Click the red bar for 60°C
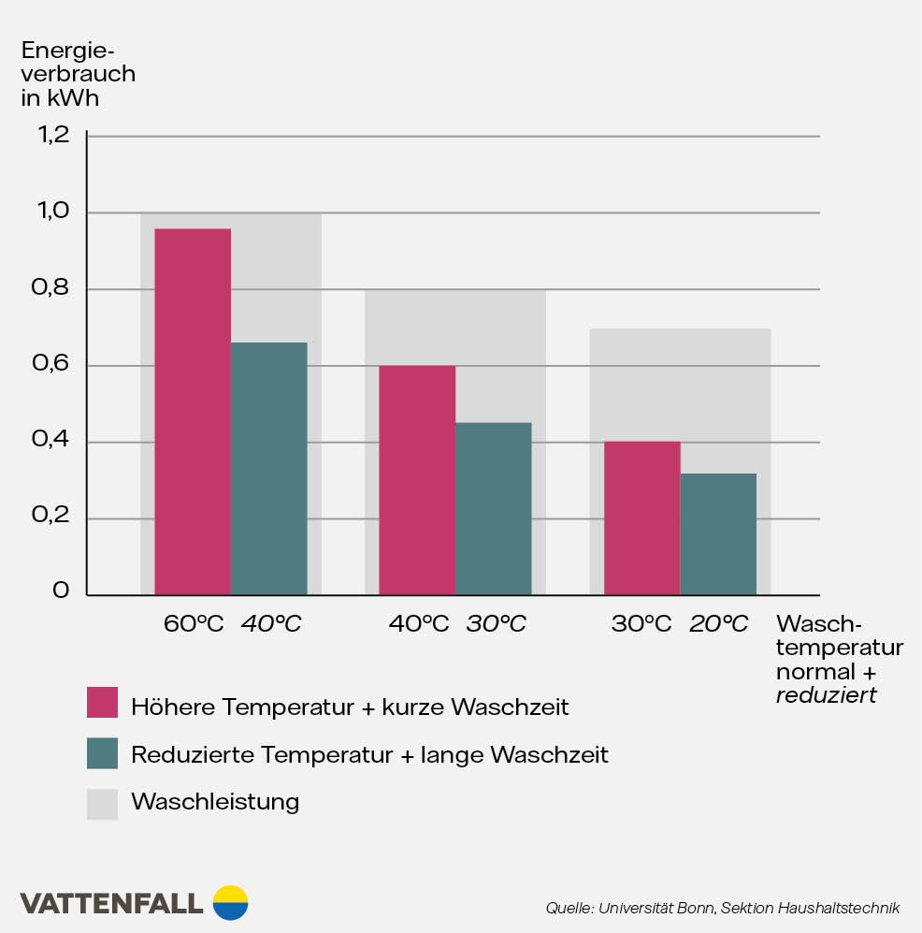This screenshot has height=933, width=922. click(193, 412)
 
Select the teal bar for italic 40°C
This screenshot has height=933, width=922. click(268, 468)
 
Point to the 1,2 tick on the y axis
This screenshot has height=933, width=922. click(54, 136)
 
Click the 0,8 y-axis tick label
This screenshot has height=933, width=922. click(54, 288)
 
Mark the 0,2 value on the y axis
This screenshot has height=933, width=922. click(54, 517)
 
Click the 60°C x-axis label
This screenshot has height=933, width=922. click(194, 623)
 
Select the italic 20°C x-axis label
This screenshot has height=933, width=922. click(718, 623)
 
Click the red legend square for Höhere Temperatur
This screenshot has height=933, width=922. click(102, 703)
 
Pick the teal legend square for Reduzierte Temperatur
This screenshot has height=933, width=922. click(102, 753)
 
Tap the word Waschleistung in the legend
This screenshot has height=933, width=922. click(215, 802)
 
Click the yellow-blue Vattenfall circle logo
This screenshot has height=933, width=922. click(230, 902)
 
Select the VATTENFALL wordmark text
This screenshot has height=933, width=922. click(111, 903)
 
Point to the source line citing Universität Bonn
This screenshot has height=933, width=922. click(722, 908)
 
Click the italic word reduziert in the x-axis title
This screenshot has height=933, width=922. click(826, 695)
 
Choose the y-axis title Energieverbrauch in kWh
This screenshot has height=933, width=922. click(78, 73)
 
